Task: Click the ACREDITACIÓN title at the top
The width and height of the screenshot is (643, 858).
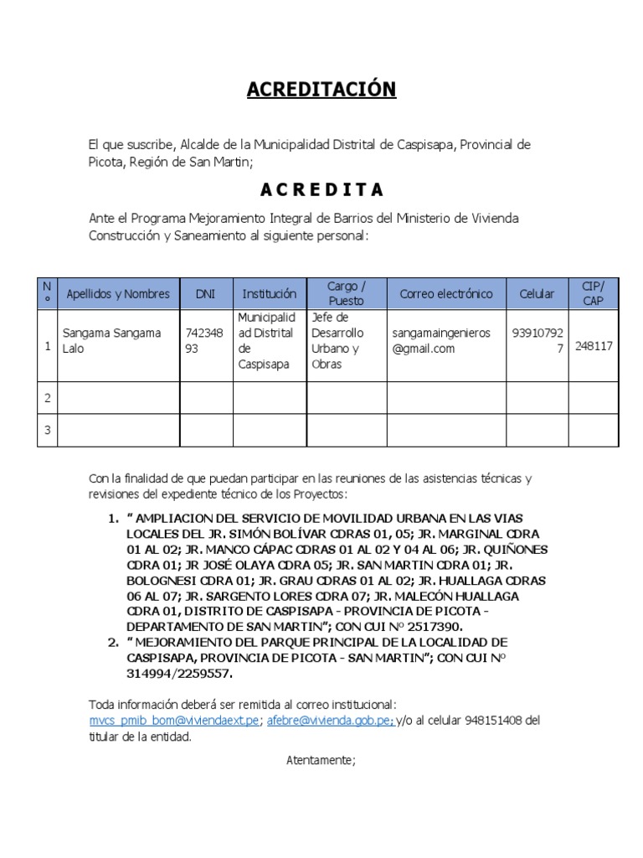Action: (x=321, y=90)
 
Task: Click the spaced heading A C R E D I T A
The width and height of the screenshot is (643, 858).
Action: (x=321, y=189)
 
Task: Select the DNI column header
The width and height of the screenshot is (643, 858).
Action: (x=205, y=294)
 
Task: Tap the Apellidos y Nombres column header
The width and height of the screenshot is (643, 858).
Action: (x=118, y=294)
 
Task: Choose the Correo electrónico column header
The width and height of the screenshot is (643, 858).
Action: (x=446, y=294)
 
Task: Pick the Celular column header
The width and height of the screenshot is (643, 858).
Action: (x=537, y=294)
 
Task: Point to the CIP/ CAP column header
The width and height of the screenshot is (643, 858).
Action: (x=593, y=293)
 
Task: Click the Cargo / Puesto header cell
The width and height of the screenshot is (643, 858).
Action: (x=347, y=293)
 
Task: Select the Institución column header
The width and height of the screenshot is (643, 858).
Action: (x=270, y=294)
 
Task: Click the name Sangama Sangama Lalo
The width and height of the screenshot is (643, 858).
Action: (x=111, y=341)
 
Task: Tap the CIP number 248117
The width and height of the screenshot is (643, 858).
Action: (x=594, y=345)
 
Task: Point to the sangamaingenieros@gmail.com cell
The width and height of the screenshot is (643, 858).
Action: (x=441, y=341)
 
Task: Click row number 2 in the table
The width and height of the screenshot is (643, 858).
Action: (x=48, y=398)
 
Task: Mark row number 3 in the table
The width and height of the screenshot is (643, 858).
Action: (x=48, y=431)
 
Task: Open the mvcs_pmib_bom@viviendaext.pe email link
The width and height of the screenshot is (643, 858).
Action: (x=175, y=721)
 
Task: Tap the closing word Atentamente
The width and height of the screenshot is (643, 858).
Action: (x=321, y=761)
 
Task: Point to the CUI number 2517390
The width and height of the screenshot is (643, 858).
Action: (x=432, y=627)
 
